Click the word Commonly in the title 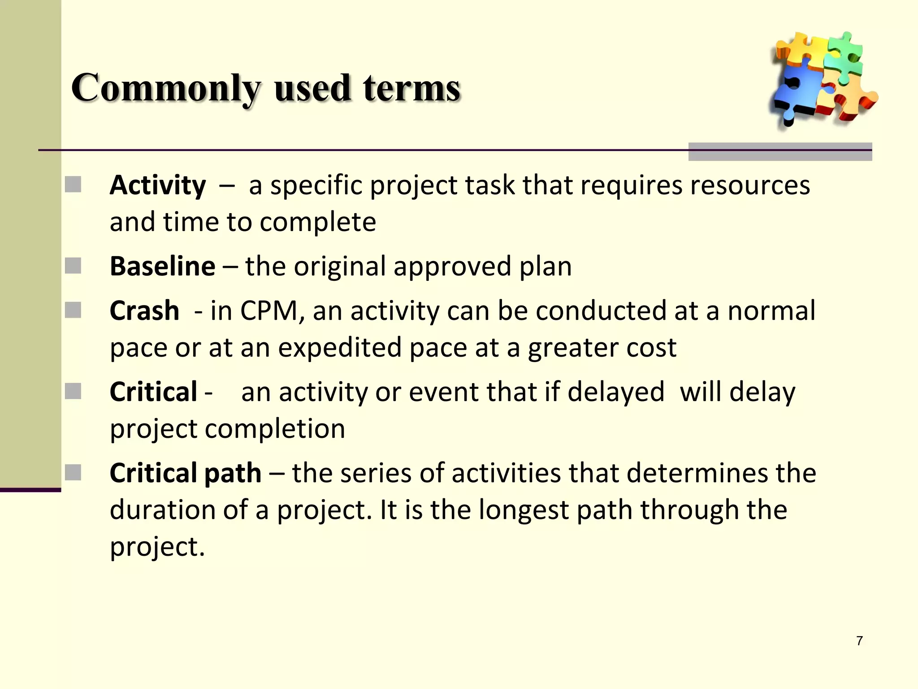pyautogui.click(x=166, y=88)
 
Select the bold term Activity pyautogui.click(x=158, y=185)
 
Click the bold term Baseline pyautogui.click(x=162, y=266)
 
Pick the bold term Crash pyautogui.click(x=144, y=311)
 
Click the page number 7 pyautogui.click(x=859, y=641)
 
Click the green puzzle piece pyautogui.click(x=843, y=56)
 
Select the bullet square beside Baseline pyautogui.click(x=73, y=266)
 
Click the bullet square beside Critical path pyautogui.click(x=73, y=472)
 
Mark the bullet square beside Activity pyautogui.click(x=73, y=184)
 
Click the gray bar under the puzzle pyautogui.click(x=780, y=152)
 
